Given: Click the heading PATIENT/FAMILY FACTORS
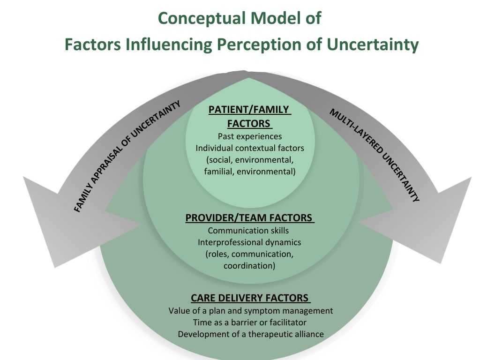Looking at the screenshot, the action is pyautogui.click(x=249, y=117).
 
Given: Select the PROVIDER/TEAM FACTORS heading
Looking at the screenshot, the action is pyautogui.click(x=249, y=217).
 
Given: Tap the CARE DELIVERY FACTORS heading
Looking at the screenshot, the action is pyautogui.click(x=250, y=298).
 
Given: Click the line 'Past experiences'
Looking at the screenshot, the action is pyautogui.click(x=250, y=136).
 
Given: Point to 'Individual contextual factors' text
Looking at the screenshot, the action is pyautogui.click(x=250, y=148).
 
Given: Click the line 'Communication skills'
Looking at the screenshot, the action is pyautogui.click(x=248, y=231).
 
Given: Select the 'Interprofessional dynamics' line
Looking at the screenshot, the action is pyautogui.click(x=249, y=242).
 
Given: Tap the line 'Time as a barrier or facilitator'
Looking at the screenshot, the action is pyautogui.click(x=250, y=322).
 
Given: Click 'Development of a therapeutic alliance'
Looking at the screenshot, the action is pyautogui.click(x=251, y=334).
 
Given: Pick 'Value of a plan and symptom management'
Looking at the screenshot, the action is pyautogui.click(x=251, y=311).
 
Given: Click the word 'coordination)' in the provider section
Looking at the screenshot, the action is pyautogui.click(x=249, y=266).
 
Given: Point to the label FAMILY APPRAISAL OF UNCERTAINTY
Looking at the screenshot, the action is pyautogui.click(x=127, y=157).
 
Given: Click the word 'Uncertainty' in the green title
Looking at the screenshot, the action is pyautogui.click(x=373, y=45).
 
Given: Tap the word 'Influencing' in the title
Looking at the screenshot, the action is pyautogui.click(x=168, y=45).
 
